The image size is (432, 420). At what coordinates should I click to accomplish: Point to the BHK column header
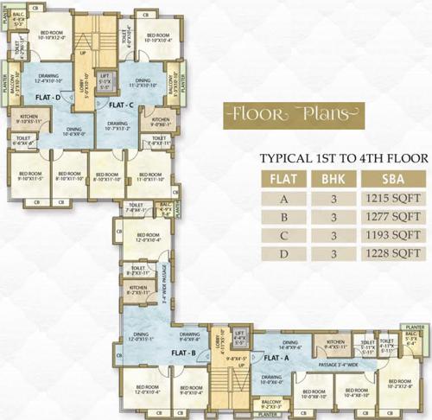(326, 181)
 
